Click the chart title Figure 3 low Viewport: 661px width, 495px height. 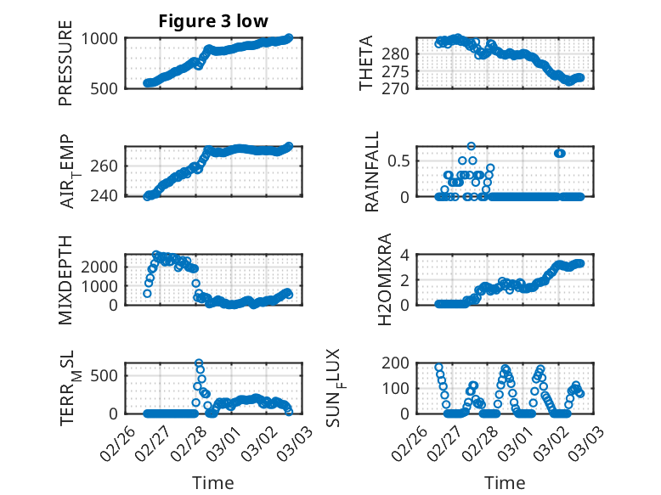pyautogui.click(x=213, y=22)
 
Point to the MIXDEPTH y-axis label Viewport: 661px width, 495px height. pyautogui.click(x=65, y=280)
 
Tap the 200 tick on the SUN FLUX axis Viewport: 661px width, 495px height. pyautogui.click(x=399, y=363)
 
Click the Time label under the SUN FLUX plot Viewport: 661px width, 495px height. pyautogui.click(x=505, y=482)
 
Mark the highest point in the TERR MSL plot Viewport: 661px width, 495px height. pyautogui.click(x=199, y=363)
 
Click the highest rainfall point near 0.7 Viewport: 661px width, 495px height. pyautogui.click(x=472, y=146)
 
